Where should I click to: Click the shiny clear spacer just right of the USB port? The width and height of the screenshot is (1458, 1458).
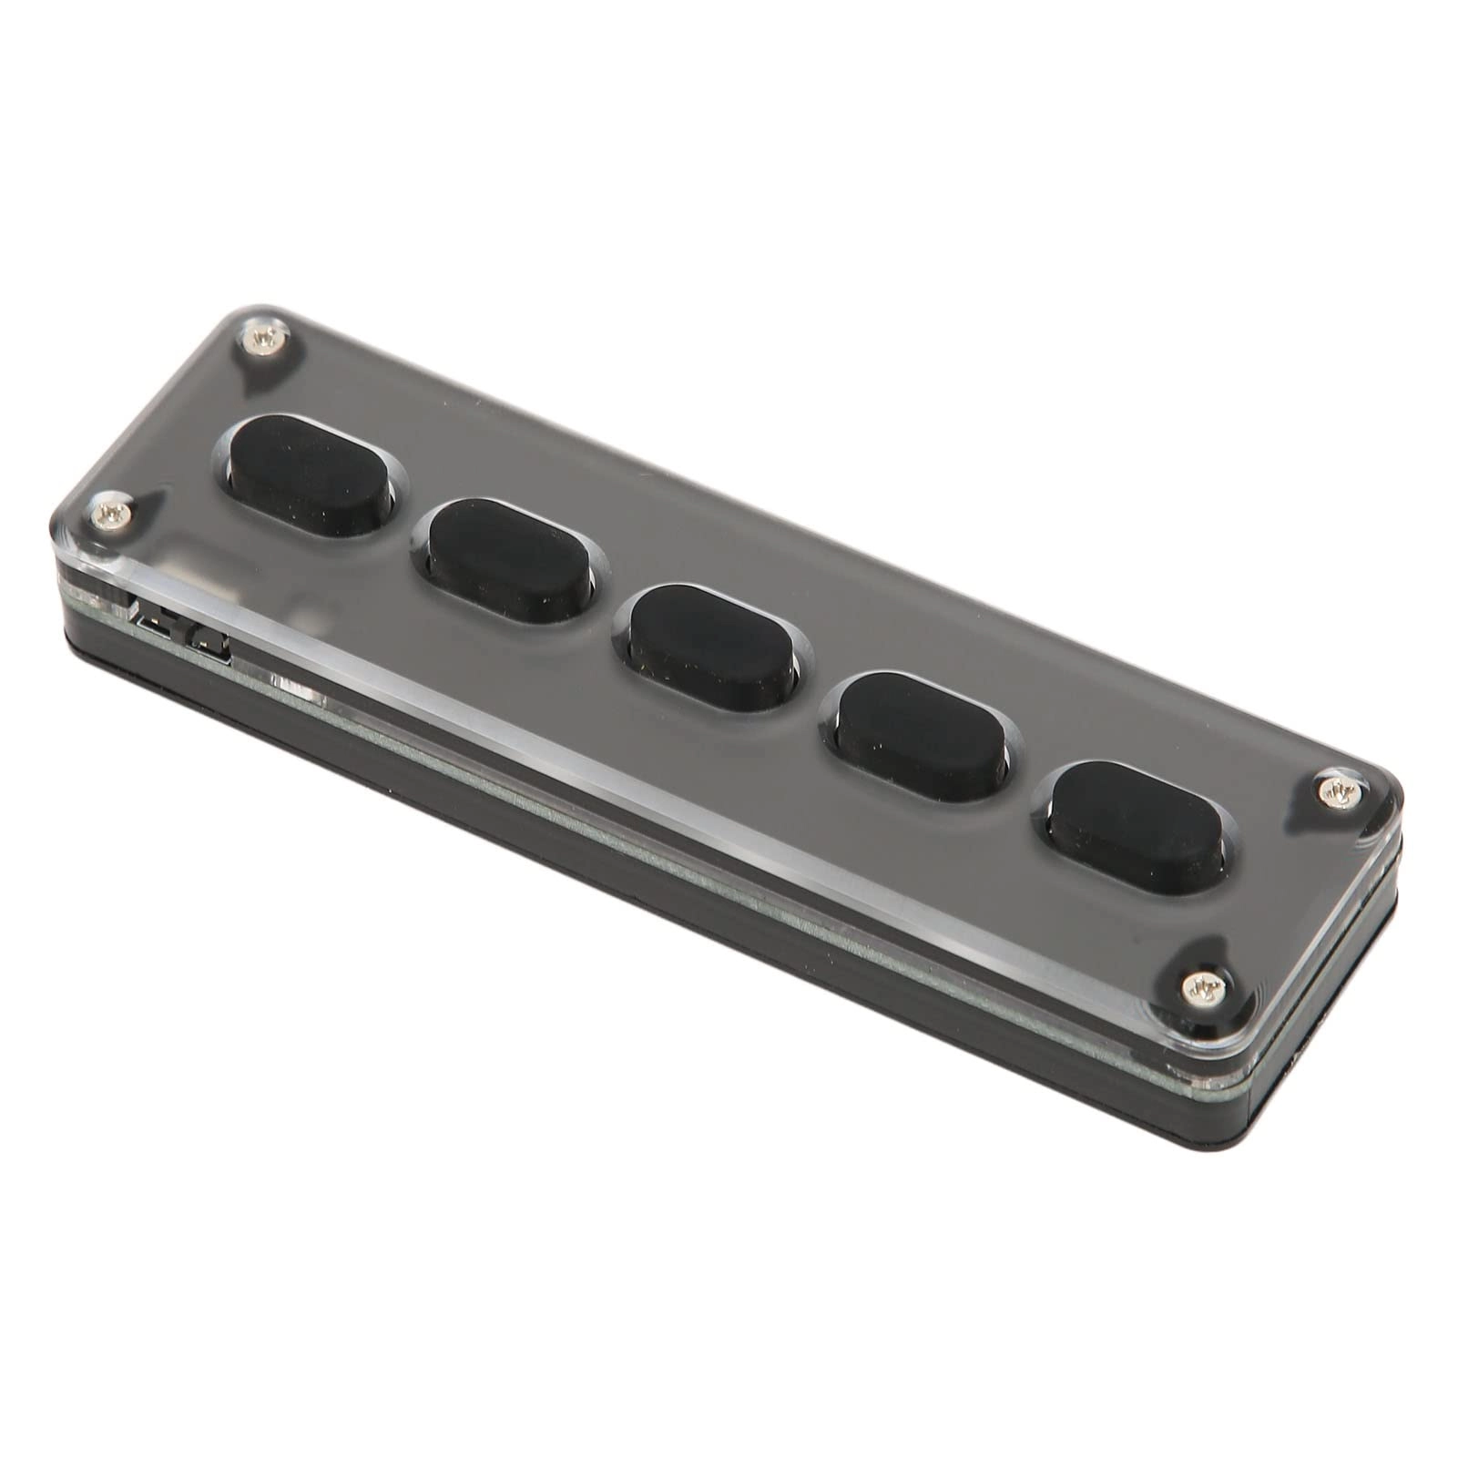(x=301, y=684)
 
